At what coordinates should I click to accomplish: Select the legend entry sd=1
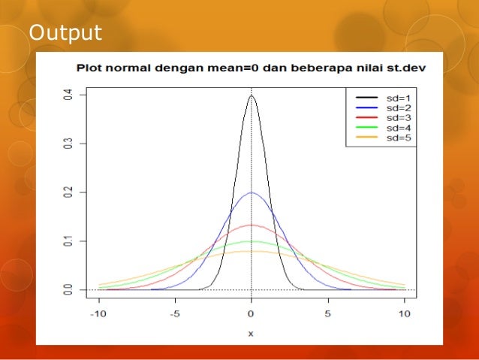point(398,98)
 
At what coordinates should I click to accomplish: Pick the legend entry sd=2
point(398,107)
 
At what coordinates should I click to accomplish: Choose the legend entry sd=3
point(398,117)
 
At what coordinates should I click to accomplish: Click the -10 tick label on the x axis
point(98,313)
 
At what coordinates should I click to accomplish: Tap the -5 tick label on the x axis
point(174,313)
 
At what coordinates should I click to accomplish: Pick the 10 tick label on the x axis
point(405,313)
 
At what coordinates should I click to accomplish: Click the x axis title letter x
point(252,333)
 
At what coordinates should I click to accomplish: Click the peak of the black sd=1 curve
point(252,95)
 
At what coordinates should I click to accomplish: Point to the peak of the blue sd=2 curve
point(252,192)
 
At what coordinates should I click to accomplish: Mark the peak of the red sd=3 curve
point(252,225)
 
